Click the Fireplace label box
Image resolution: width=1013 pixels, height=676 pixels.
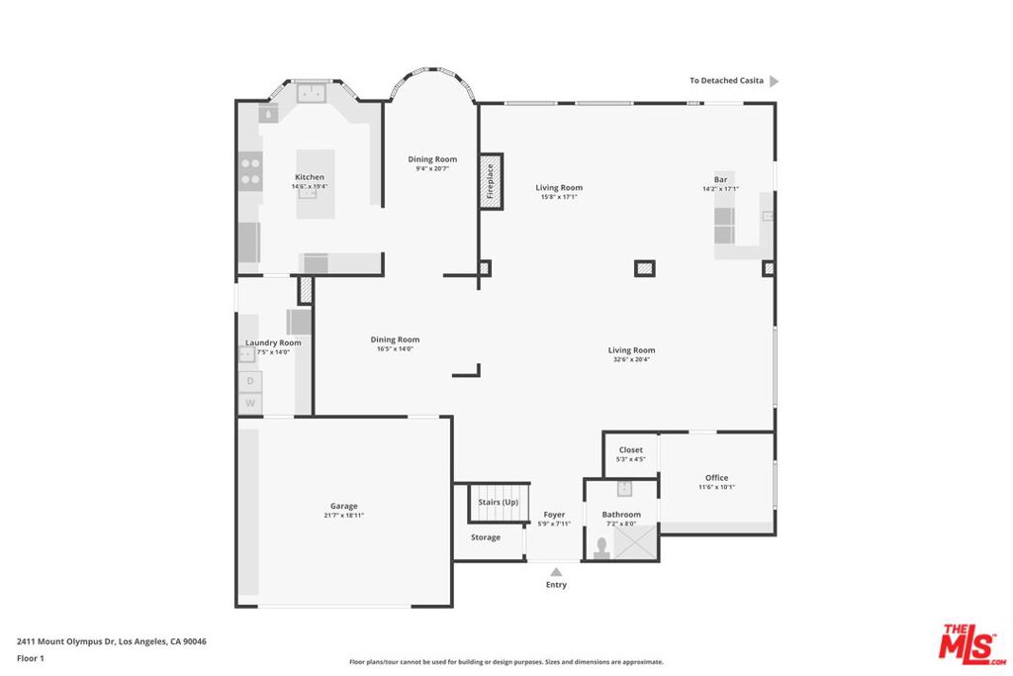point(491,181)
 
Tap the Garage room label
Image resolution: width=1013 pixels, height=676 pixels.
point(343,506)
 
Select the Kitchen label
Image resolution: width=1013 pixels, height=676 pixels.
point(310,177)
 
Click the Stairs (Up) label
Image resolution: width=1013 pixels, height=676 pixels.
point(499,502)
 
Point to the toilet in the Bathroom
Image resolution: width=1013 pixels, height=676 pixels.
point(602,548)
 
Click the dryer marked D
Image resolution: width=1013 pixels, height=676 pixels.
point(250,381)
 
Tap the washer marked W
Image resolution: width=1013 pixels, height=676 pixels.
point(250,403)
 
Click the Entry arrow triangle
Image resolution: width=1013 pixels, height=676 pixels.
point(556,572)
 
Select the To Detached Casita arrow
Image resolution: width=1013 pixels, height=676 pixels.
point(774,81)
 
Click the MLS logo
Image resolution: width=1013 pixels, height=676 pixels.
point(972,644)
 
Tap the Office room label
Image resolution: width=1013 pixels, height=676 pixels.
point(716,478)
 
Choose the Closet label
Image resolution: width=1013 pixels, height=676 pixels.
point(630,449)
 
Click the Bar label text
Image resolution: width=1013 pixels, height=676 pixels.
point(720,180)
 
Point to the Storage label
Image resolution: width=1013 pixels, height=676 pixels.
point(485,537)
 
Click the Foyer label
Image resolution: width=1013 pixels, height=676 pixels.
point(554,515)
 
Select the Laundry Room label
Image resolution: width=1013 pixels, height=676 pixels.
point(273,342)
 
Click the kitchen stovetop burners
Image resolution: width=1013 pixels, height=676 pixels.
point(250,170)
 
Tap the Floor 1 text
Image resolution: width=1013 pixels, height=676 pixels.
point(31,658)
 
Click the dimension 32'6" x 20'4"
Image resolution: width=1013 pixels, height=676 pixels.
point(631,359)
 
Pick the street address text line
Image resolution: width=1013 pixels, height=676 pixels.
point(112,641)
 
